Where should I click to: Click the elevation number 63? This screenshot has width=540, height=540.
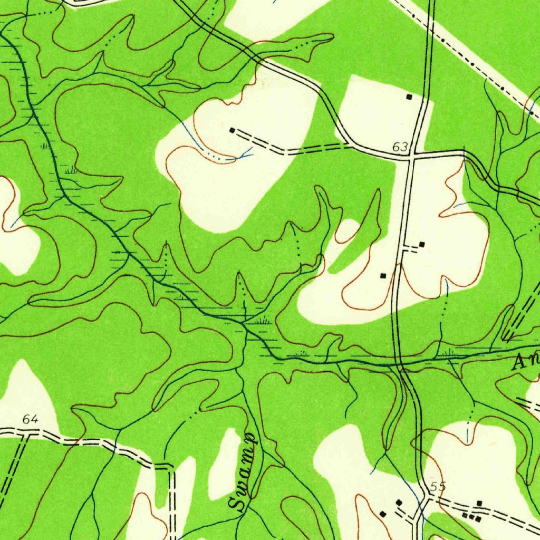click(400, 147)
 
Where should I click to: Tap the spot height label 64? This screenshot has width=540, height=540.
click(31, 420)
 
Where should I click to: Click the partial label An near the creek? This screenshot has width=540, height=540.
click(525, 362)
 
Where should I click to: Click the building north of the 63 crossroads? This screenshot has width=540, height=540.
click(409, 97)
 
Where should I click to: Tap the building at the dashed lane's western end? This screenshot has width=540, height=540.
click(232, 130)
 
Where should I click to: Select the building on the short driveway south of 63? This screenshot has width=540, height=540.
click(422, 244)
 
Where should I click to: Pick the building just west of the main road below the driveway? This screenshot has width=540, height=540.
click(383, 275)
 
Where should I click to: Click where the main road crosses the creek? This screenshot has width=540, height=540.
click(399, 363)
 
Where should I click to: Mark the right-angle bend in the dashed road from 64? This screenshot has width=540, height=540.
click(171, 467)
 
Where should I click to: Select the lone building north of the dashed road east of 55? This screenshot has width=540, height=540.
click(479, 504)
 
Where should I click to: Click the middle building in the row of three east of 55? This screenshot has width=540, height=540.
click(471, 517)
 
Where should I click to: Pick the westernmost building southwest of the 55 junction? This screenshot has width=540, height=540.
click(383, 514)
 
